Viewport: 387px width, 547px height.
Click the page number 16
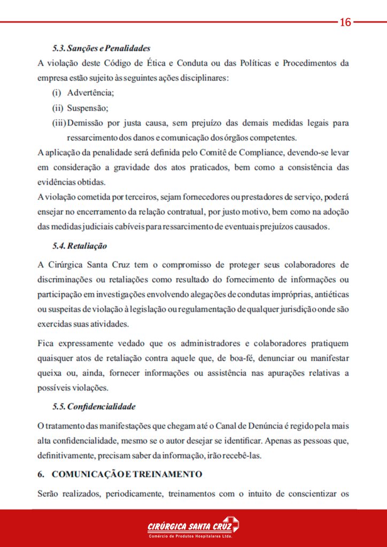pos(345,22)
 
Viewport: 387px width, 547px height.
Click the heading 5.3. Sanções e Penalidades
pos(101,48)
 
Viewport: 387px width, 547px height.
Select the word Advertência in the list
pos(90,92)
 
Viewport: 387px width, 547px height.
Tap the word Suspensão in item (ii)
pos(88,108)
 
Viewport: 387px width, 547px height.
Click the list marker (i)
pos(57,92)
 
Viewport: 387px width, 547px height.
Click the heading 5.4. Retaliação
pos(80,246)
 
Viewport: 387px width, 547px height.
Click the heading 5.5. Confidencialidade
pos(94,407)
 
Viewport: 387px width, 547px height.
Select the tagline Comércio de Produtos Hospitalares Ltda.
pos(190,536)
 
